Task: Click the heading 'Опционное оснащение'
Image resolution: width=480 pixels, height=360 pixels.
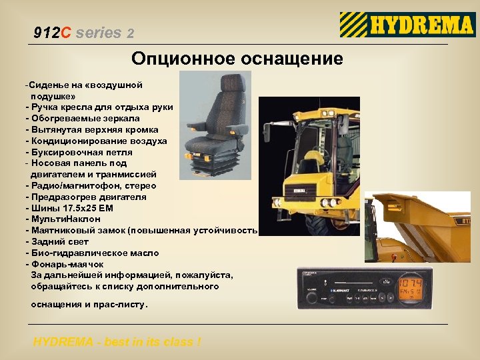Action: tap(237, 59)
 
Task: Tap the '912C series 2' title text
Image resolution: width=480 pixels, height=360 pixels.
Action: tap(84, 33)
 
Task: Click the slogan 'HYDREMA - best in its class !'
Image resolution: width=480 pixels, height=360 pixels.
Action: tap(117, 343)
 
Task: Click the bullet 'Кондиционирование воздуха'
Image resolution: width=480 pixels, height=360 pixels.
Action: tap(97, 141)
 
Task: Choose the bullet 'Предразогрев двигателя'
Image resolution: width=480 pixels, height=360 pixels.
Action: tap(87, 197)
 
